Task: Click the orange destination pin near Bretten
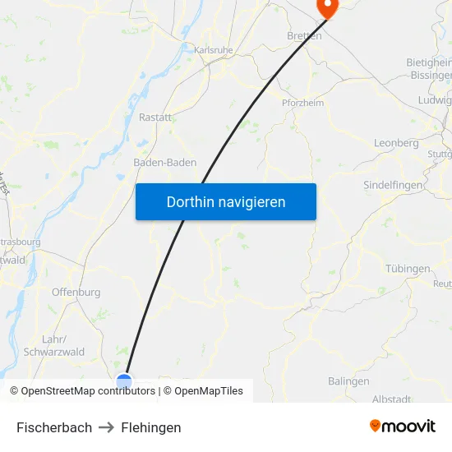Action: [327, 7]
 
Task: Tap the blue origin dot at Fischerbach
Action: [124, 381]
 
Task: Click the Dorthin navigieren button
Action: [226, 201]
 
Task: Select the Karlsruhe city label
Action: [214, 50]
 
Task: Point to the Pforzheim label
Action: [302, 103]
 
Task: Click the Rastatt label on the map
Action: [155, 118]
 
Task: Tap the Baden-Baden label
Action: [164, 163]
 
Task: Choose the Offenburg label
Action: [76, 292]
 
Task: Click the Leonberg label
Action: [396, 142]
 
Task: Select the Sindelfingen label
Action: [393, 186]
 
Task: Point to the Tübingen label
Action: [408, 269]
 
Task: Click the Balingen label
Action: [348, 381]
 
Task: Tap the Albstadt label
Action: [391, 399]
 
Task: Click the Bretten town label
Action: [304, 36]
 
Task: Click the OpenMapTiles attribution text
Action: [209, 391]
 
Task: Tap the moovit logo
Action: [403, 426]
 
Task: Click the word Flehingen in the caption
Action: [151, 427]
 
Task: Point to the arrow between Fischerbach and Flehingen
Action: [107, 427]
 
